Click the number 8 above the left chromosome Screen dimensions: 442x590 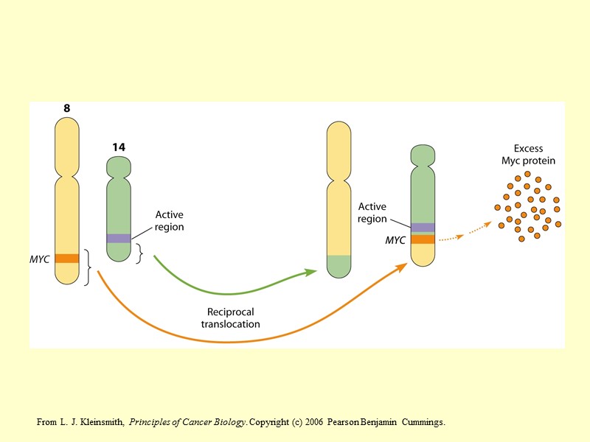(x=67, y=108)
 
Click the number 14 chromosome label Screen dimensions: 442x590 (x=119, y=147)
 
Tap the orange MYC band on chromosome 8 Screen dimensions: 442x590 (x=67, y=258)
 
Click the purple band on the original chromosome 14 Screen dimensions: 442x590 (x=119, y=238)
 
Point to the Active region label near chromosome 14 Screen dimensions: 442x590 (x=169, y=221)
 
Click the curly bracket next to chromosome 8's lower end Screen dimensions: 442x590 (x=88, y=267)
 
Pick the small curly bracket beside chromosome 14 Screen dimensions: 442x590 (x=139, y=253)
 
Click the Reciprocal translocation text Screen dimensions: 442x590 (x=230, y=318)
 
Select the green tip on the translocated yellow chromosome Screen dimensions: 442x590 (x=339, y=266)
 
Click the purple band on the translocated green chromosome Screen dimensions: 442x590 (x=423, y=228)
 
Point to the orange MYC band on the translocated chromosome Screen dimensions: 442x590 (x=423, y=239)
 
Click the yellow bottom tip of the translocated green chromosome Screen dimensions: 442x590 (x=423, y=255)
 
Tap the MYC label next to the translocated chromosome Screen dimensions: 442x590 (x=396, y=240)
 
